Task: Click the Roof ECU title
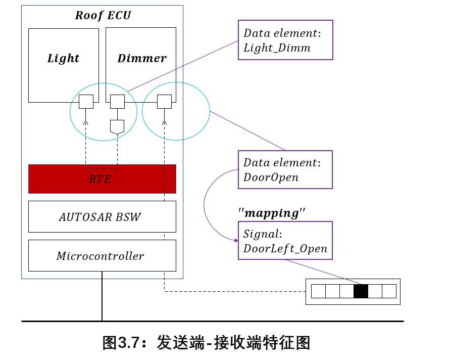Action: pos(103,15)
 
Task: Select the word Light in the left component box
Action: pos(63,58)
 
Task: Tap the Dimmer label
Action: pos(142,58)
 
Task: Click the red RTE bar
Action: pos(102,179)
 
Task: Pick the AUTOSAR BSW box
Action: pos(102,217)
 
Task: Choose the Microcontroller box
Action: pos(102,256)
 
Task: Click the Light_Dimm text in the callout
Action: pos(277,48)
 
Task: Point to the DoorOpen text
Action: pos(271,177)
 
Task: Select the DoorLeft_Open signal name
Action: pos(285,248)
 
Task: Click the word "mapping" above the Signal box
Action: pos(272,213)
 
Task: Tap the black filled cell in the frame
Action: pos(361,291)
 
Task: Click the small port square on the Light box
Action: pos(86,102)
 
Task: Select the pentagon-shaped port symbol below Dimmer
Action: pos(117,127)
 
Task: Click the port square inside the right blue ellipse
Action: pos(164,102)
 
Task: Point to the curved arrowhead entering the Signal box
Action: pos(236,240)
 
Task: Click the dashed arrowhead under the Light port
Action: pos(85,123)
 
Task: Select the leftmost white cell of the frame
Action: pos(318,291)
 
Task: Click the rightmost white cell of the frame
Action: pos(389,291)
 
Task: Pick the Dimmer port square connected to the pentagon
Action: pos(117,102)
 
